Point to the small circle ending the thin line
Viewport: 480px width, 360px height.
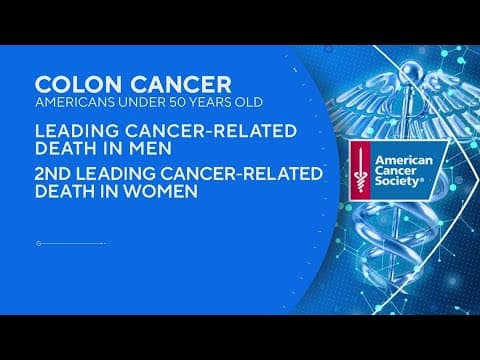point(38,243)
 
